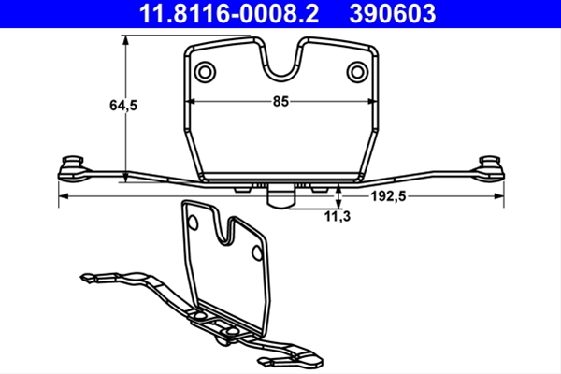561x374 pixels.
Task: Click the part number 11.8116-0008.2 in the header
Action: click(229, 14)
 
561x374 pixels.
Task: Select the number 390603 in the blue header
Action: click(393, 14)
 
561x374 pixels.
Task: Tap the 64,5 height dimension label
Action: click(123, 106)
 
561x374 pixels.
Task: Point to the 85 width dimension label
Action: click(280, 101)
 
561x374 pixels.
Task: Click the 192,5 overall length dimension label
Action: click(388, 196)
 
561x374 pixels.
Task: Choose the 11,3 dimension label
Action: click(338, 216)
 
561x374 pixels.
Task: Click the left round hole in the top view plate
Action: click(205, 72)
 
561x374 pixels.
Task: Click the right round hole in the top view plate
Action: click(357, 72)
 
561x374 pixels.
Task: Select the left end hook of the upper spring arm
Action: click(73, 168)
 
